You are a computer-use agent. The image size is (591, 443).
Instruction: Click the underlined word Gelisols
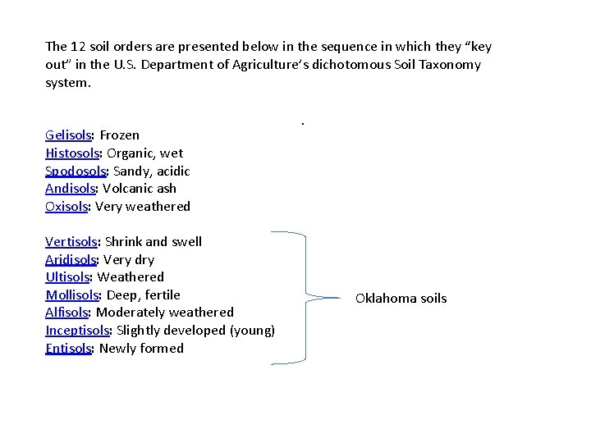(x=69, y=135)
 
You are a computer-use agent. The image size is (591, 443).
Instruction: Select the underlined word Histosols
(x=72, y=153)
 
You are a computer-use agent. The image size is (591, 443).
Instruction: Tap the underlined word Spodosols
(x=76, y=171)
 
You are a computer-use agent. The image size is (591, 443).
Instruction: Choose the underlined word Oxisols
(x=66, y=207)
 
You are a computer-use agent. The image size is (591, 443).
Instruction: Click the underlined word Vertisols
(x=71, y=242)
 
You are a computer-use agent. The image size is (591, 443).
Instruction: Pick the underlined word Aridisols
(x=70, y=260)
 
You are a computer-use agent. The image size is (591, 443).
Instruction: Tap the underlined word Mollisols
(x=72, y=295)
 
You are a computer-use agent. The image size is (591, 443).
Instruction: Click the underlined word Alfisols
(x=67, y=313)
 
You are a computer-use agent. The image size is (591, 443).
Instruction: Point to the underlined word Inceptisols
(x=78, y=331)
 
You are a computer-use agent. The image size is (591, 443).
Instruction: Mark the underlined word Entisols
(x=68, y=349)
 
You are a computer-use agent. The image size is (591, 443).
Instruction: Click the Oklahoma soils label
(x=401, y=299)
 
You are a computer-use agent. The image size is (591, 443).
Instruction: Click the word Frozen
(x=120, y=135)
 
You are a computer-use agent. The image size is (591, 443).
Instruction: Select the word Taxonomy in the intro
(x=450, y=65)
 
